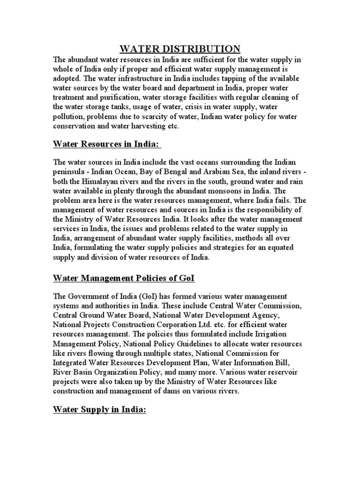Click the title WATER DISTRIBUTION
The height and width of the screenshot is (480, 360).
[x=180, y=49]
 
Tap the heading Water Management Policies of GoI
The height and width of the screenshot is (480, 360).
[x=124, y=279]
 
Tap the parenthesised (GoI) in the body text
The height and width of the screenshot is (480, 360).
[x=143, y=297]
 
